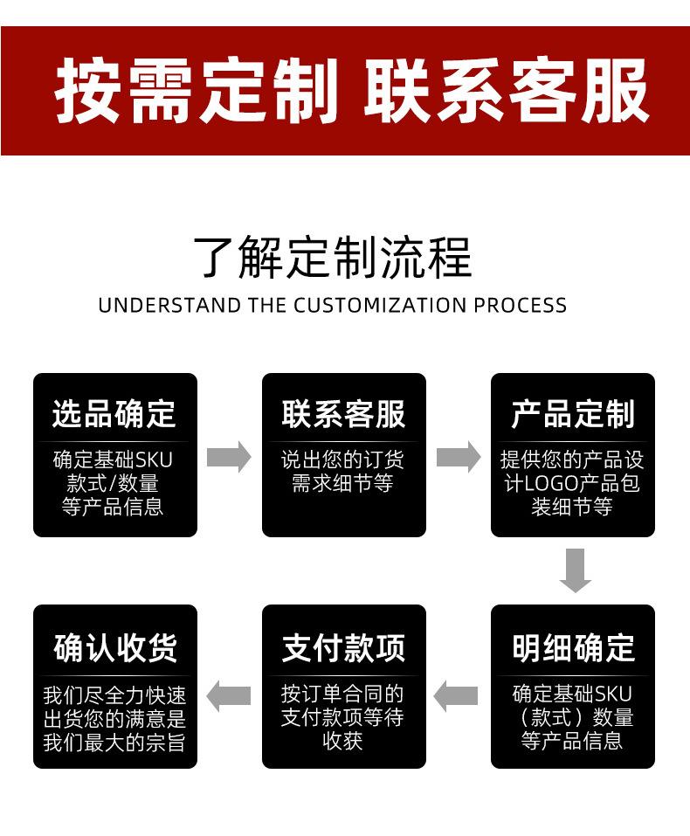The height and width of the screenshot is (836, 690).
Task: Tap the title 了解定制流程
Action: pos(332,257)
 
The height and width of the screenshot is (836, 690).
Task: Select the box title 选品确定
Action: pos(114,414)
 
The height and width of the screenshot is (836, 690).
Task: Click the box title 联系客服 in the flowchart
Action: pos(343,414)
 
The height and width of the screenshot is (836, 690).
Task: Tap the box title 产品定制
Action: pos(572,414)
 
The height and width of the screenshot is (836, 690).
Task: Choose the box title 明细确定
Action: pos(572,647)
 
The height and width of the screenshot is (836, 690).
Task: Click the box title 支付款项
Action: pos(343,647)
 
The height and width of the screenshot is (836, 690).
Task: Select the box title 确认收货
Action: pos(114,647)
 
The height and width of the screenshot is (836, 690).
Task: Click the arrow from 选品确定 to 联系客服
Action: pos(229,457)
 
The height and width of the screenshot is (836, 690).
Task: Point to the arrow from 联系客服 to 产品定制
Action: pos(459,457)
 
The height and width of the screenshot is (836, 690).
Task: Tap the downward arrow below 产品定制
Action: pos(575,570)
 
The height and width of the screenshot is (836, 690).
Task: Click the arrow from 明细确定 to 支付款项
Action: pos(457,695)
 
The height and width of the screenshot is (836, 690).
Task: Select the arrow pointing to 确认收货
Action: pos(229,695)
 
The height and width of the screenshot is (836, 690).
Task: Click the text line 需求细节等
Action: pos(343,483)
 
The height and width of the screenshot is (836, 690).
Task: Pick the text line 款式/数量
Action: pos(113,483)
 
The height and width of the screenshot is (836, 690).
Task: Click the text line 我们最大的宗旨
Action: pos(114,743)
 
